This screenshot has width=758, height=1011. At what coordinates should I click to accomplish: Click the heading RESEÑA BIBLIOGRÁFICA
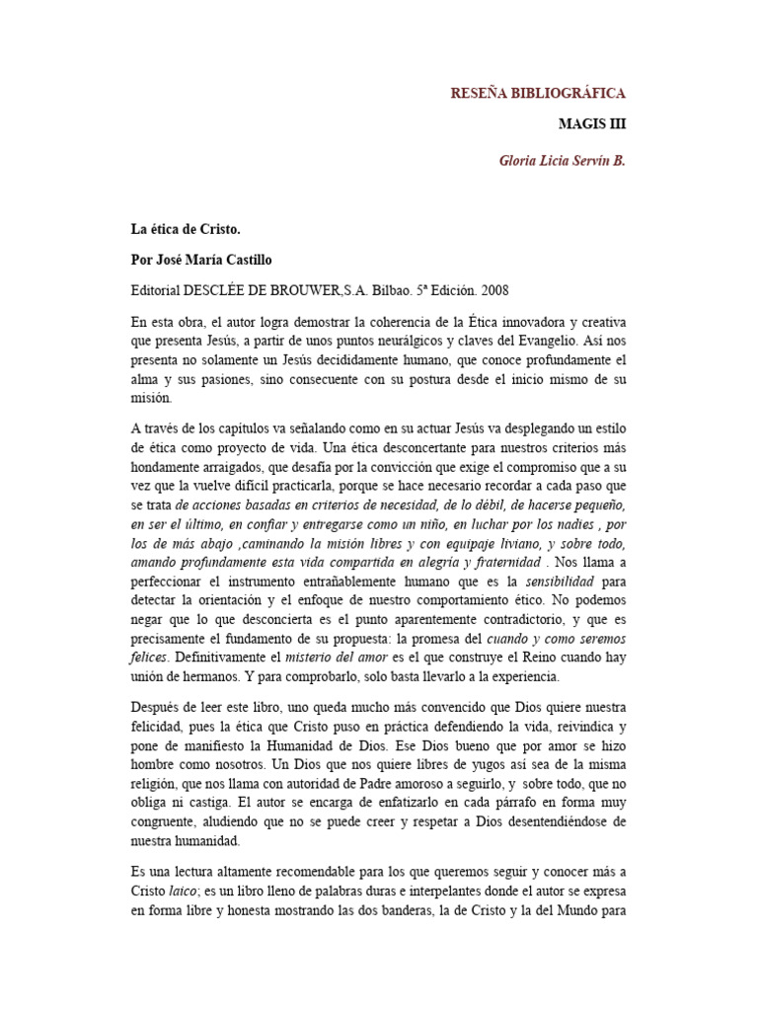tap(538, 93)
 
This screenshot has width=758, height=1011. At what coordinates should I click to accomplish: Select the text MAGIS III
tap(591, 124)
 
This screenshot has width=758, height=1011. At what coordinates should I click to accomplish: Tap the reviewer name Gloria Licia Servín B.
tap(563, 160)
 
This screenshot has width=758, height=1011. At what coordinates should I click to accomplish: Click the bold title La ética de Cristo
tap(186, 229)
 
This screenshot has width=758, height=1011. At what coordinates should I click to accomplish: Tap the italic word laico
tap(183, 891)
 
